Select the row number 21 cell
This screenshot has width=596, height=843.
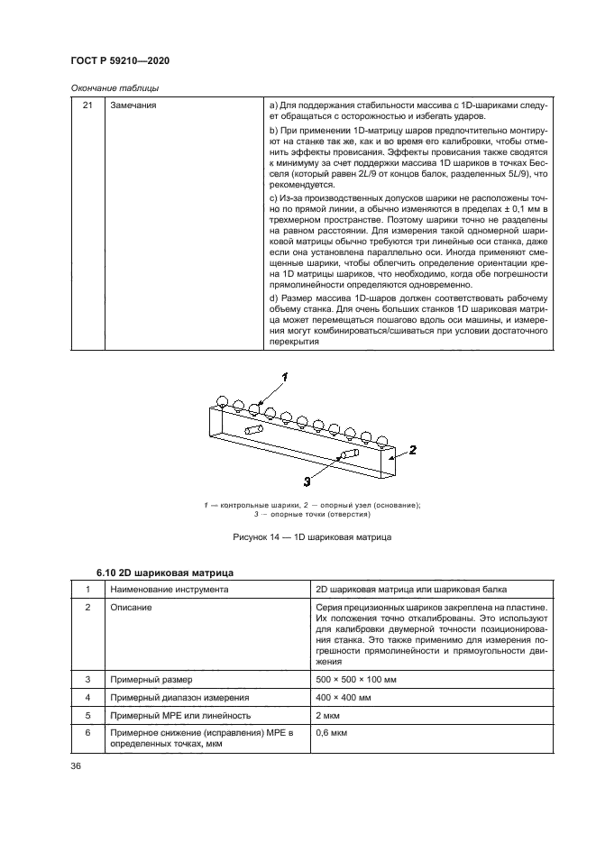pos(87,106)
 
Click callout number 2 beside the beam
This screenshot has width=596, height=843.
pos(410,448)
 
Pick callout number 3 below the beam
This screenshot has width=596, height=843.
pos(306,481)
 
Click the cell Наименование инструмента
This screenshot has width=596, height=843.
pos(168,590)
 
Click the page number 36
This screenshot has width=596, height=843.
pos(77,766)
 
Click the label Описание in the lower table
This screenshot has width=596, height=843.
pos(132,608)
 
